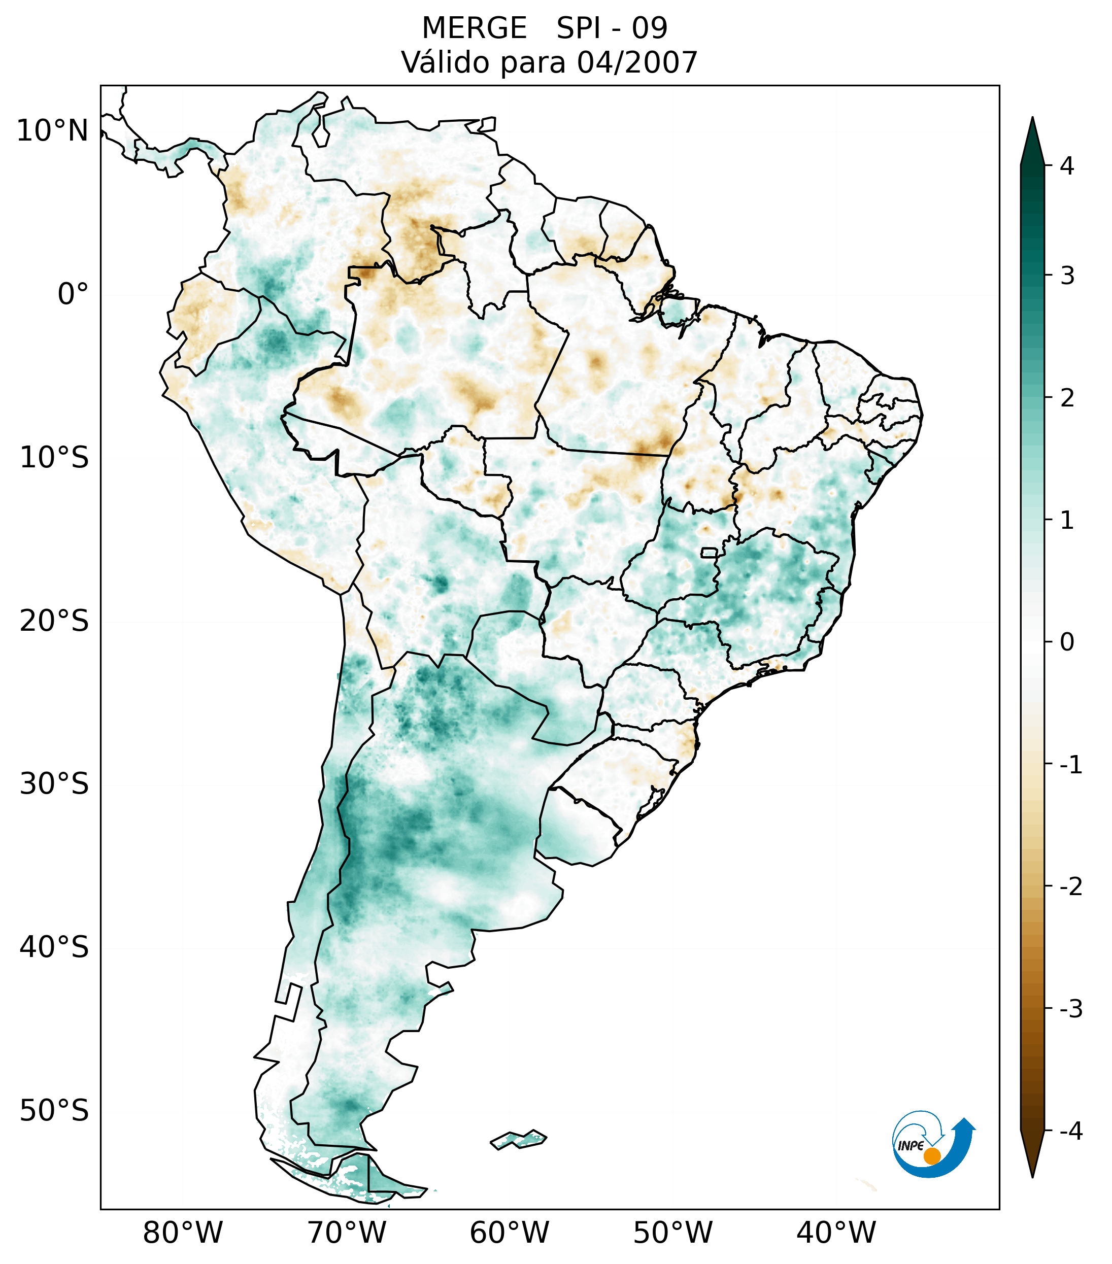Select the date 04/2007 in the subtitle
(637, 62)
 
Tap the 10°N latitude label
(53, 131)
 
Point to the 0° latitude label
(73, 294)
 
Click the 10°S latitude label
(54, 458)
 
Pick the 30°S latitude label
(54, 784)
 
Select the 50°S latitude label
(54, 1111)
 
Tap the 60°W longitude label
(509, 1233)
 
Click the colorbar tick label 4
(1067, 166)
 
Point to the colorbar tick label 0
(1067, 642)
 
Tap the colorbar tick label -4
(1070, 1131)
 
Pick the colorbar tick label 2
(1067, 398)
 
